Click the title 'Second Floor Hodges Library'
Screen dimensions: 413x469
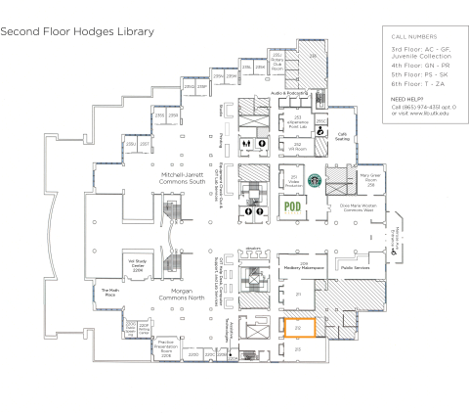pyautogui.click(x=77, y=31)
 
